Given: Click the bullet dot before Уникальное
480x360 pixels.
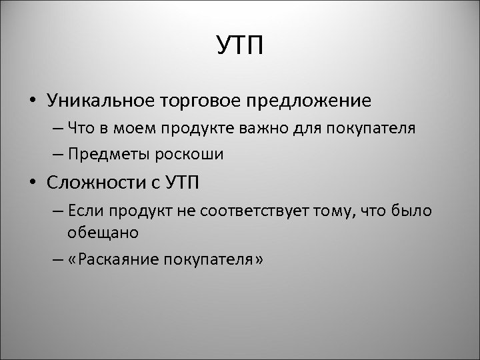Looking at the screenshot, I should pyautogui.click(x=32, y=101).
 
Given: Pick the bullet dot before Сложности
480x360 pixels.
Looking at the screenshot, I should pyautogui.click(x=32, y=183).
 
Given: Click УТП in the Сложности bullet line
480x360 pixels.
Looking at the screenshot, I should pyautogui.click(x=184, y=182).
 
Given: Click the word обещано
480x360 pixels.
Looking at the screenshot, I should pyautogui.click(x=103, y=233).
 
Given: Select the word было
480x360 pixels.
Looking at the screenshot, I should pyautogui.click(x=415, y=211).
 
